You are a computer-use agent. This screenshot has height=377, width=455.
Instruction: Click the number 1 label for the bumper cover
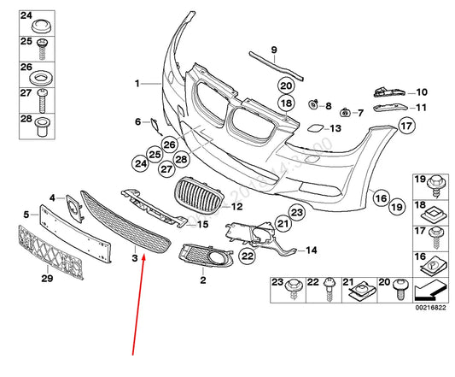[x=135, y=83]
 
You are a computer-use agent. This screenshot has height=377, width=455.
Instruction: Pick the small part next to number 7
[x=345, y=112]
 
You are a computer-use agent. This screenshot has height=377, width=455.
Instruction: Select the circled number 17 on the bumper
[x=405, y=126]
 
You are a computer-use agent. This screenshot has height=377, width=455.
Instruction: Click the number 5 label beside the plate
[x=26, y=214]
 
